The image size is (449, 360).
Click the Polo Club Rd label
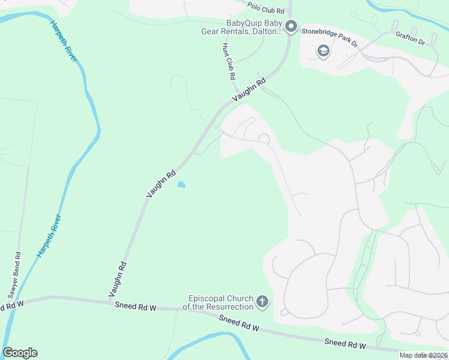(265, 7)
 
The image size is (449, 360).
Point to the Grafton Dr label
(410, 38)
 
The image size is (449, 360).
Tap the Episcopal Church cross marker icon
(262, 301)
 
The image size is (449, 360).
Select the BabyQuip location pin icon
(291, 26)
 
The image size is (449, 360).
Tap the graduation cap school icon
(324, 52)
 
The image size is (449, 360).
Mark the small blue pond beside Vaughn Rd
(181, 185)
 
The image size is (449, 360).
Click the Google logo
(20, 353)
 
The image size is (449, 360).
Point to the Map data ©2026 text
(423, 355)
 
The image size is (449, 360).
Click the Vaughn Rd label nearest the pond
(160, 184)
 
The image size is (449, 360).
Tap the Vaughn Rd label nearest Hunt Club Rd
(249, 91)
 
